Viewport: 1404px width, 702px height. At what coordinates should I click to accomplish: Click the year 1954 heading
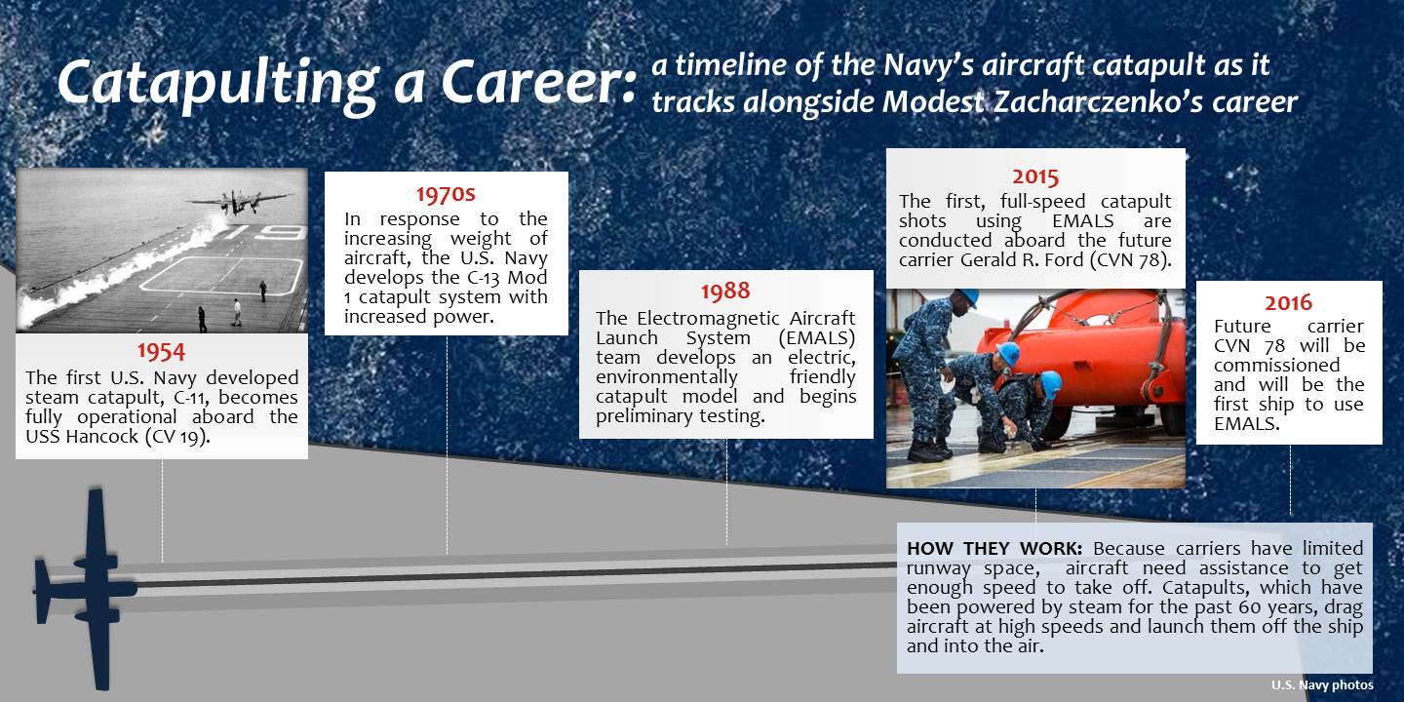tap(161, 351)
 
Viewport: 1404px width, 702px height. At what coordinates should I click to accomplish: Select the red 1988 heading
tap(725, 291)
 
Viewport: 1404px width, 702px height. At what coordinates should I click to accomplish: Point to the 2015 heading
tap(1034, 176)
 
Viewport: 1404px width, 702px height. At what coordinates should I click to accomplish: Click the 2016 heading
tap(1288, 301)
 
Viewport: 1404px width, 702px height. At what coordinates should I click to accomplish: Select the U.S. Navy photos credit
tap(1322, 684)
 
